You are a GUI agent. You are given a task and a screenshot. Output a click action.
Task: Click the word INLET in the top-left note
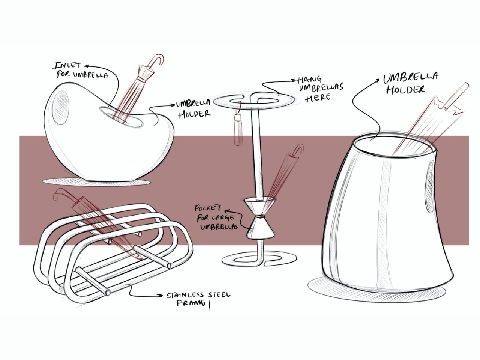click(x=67, y=66)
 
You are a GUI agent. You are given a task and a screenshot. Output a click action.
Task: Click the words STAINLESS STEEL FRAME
click(x=198, y=298)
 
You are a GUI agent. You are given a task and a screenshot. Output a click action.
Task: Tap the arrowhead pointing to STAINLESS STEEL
click(x=161, y=295)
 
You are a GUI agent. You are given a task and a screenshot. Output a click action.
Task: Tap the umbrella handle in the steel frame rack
click(x=60, y=193)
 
